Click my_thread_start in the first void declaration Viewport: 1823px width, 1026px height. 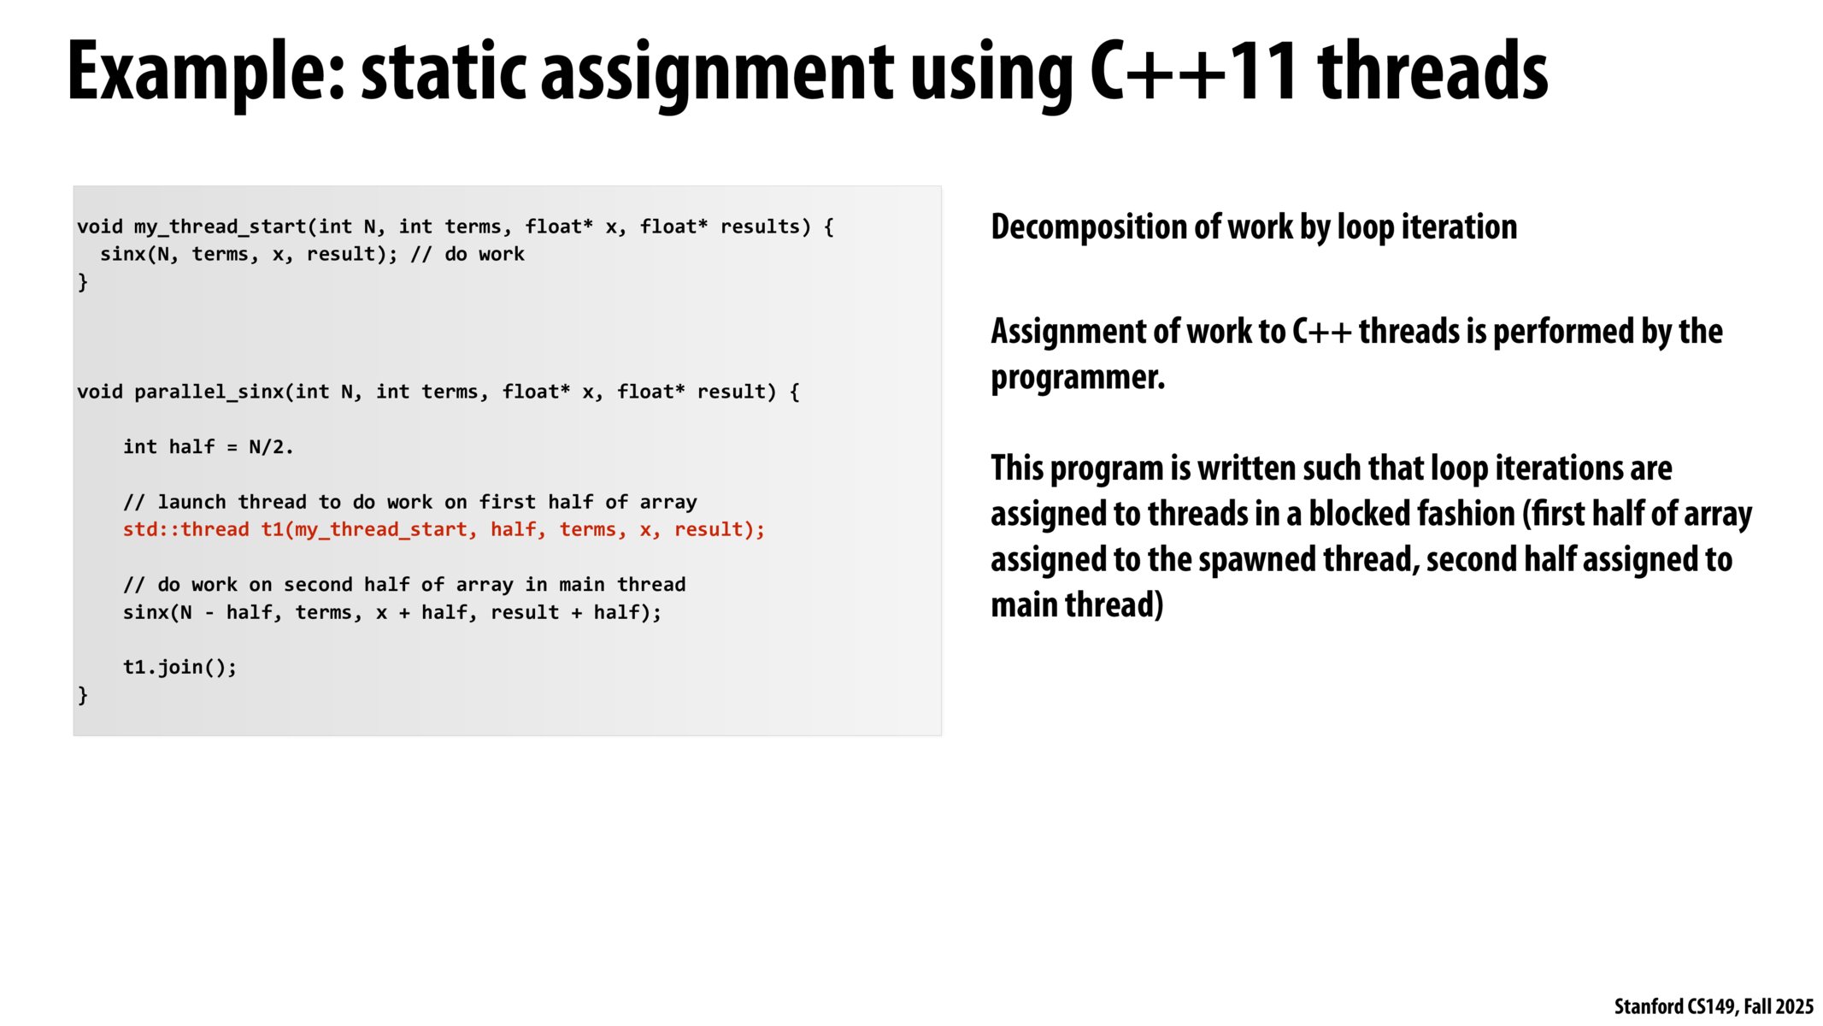tap(220, 227)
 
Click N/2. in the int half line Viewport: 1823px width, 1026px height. tap(270, 447)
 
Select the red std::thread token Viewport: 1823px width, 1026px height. tap(185, 530)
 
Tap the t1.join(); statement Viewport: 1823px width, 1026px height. tap(179, 667)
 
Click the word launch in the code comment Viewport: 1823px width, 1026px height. tap(191, 502)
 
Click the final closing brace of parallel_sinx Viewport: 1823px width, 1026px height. tap(83, 695)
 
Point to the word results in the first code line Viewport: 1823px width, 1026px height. tap(760, 227)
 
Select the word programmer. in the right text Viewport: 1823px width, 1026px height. tap(1078, 377)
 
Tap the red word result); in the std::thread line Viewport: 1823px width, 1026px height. tap(719, 530)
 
